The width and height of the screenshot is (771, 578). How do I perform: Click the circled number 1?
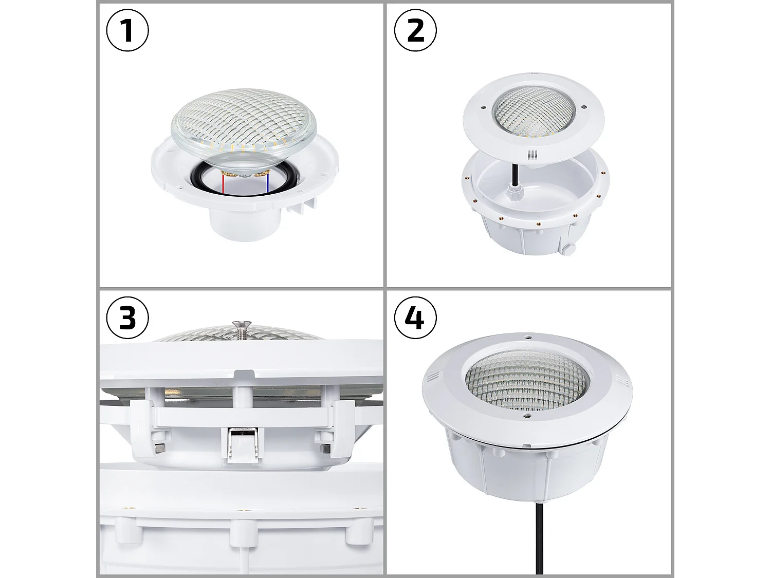point(127,30)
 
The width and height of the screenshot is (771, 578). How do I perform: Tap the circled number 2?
point(415,30)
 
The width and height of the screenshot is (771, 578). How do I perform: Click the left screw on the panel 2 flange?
point(483,107)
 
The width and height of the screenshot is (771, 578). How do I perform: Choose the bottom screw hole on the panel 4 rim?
point(525,416)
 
